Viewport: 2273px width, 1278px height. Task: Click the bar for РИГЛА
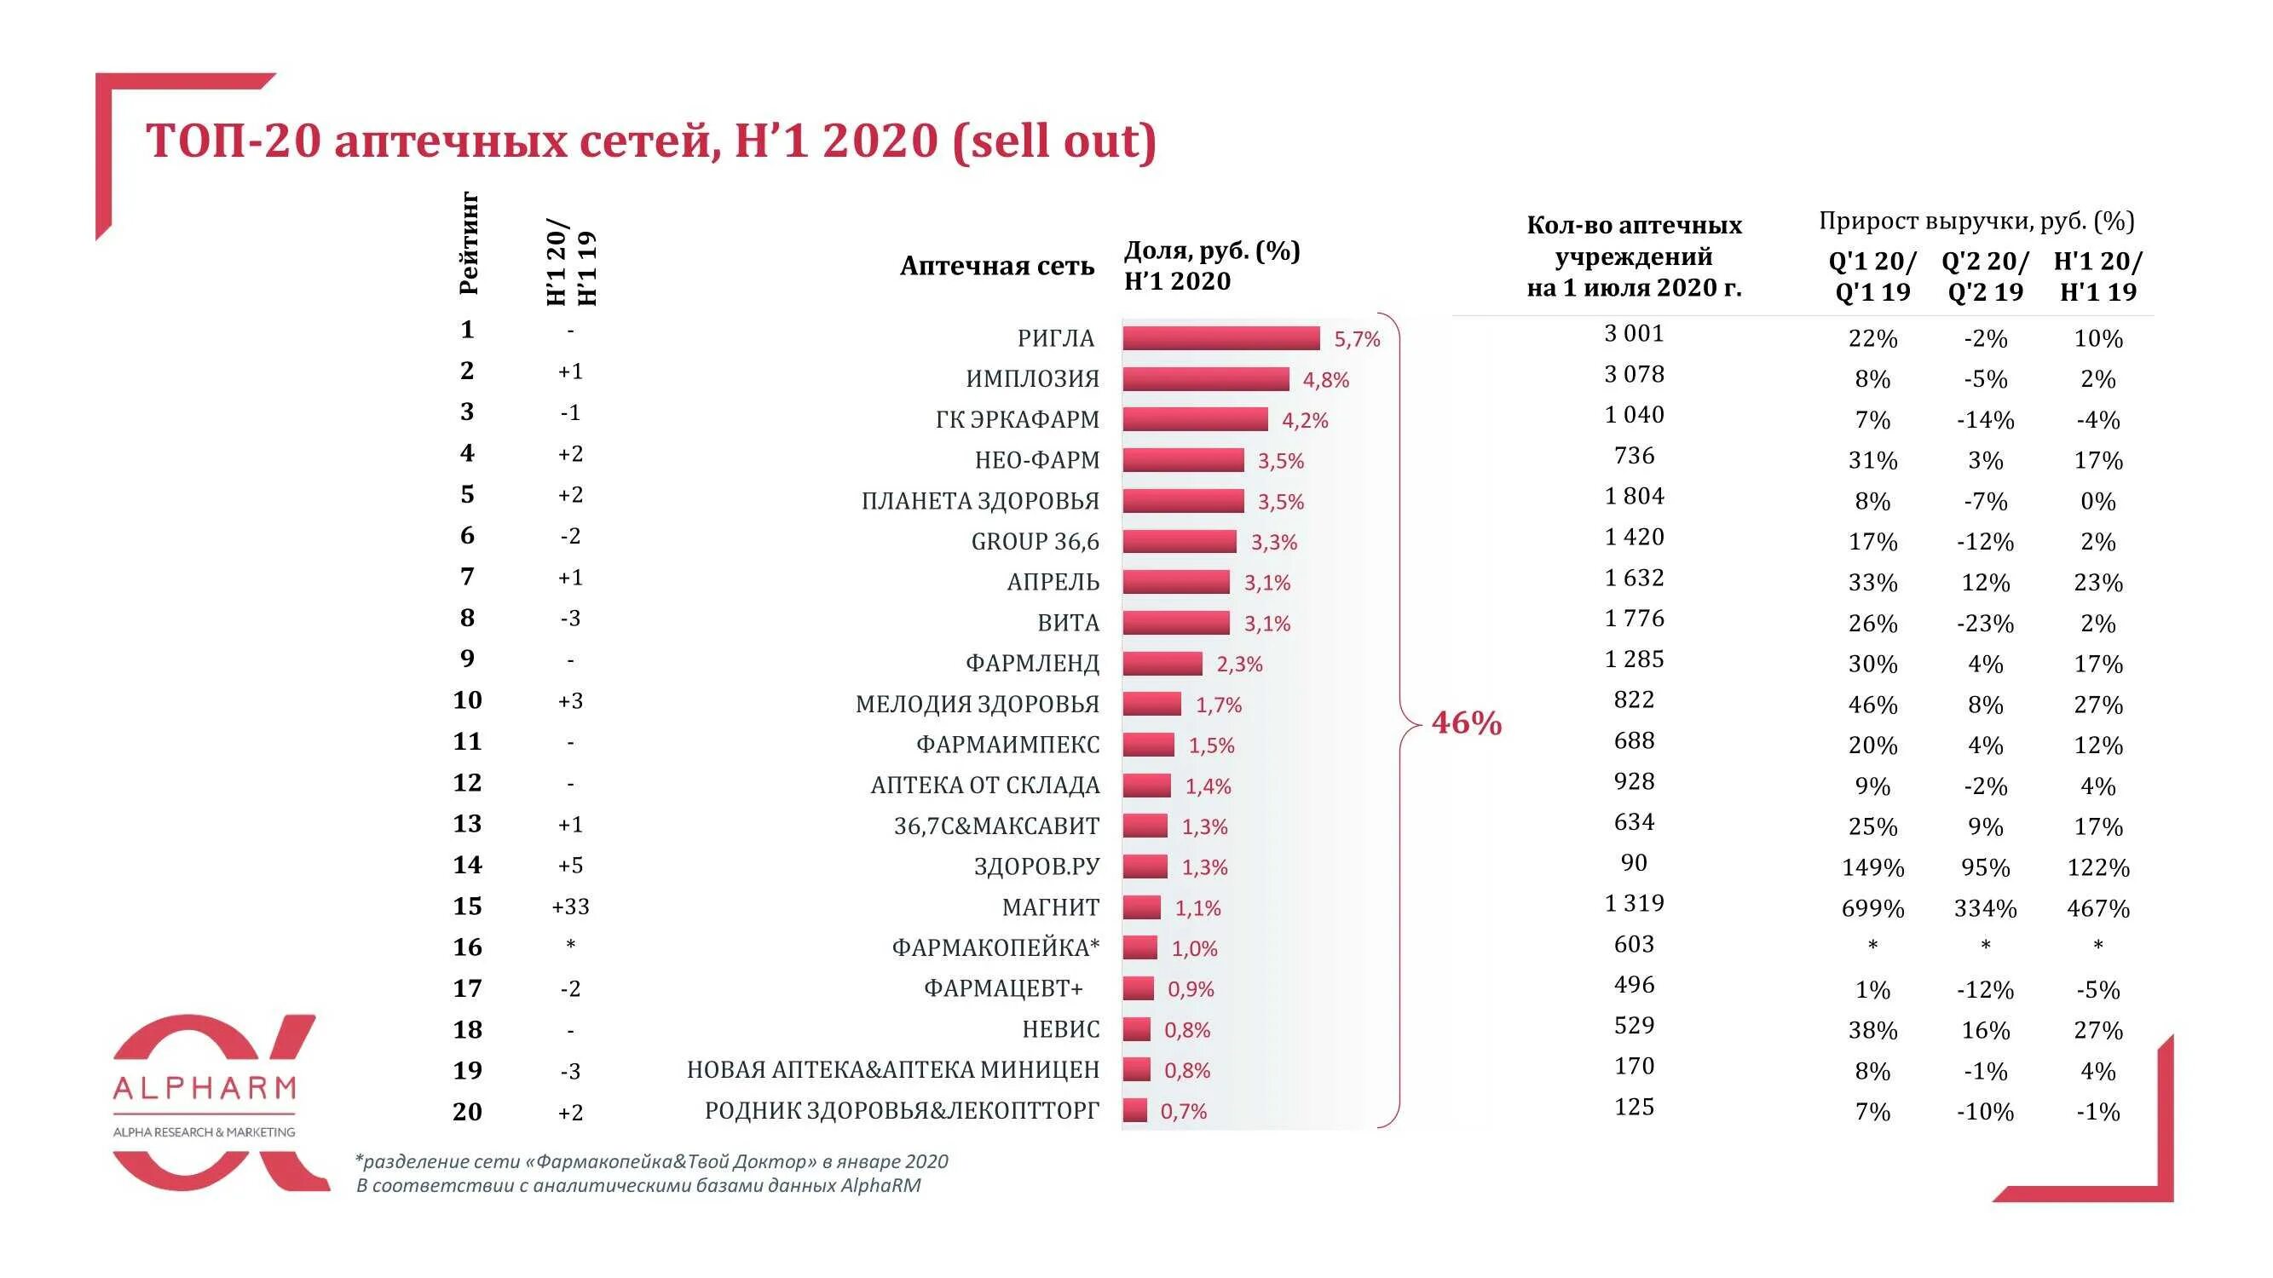click(1220, 337)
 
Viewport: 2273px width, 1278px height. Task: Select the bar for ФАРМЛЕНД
click(1162, 663)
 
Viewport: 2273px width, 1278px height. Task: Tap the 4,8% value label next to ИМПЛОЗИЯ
click(1325, 380)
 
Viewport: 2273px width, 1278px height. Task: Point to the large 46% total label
click(1466, 723)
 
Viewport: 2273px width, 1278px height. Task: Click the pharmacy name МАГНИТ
click(1050, 907)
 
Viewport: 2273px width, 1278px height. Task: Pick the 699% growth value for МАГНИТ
click(1872, 908)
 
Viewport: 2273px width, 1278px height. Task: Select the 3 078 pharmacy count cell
click(1633, 375)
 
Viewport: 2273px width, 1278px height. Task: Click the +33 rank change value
click(570, 907)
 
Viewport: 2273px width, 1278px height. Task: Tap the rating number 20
click(467, 1111)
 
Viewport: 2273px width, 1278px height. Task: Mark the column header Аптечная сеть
click(996, 267)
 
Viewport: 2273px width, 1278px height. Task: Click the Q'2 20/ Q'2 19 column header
click(1985, 276)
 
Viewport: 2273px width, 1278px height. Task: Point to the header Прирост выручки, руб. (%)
click(1976, 221)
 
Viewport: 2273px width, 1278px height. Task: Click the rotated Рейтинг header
click(469, 244)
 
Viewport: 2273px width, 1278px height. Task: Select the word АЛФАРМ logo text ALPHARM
click(205, 1087)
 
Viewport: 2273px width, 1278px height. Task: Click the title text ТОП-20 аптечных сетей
click(428, 141)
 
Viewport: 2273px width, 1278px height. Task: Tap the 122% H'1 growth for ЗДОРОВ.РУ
click(2097, 868)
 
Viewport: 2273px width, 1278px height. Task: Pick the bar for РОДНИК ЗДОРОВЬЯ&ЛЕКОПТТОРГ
click(1134, 1110)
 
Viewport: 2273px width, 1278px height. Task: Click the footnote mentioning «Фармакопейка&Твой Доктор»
click(651, 1161)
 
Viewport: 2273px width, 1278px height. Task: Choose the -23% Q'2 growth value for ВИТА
click(1985, 624)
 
